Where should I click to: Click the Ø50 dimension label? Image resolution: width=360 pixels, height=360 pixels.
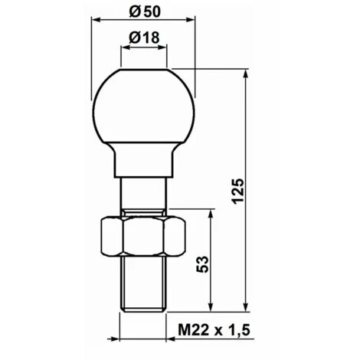(x=145, y=11)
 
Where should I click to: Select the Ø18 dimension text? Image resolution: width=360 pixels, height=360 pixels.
(x=144, y=38)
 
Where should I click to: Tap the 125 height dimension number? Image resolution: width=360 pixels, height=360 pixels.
(x=238, y=191)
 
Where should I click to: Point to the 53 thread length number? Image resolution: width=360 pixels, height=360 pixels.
(x=202, y=264)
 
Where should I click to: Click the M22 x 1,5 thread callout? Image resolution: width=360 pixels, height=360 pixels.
(x=214, y=330)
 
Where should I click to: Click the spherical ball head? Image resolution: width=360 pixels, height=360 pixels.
(x=143, y=106)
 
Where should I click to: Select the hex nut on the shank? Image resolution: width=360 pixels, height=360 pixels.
(x=143, y=236)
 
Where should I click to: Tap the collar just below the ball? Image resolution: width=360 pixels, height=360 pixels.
(x=143, y=160)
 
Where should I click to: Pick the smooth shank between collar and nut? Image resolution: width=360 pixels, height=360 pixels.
(x=143, y=193)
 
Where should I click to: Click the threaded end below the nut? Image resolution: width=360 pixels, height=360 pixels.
(x=143, y=283)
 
